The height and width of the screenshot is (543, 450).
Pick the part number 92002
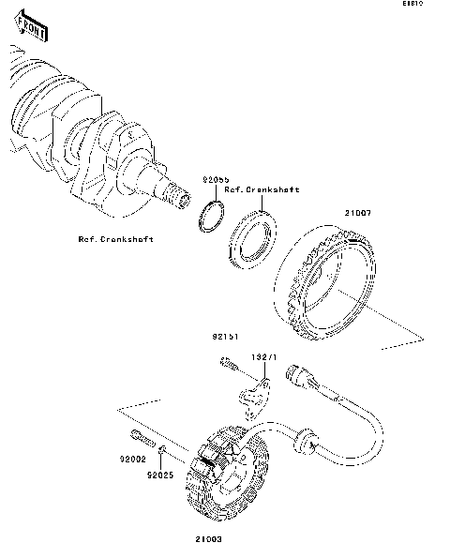pos(132,460)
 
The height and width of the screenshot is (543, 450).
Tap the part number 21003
pos(211,538)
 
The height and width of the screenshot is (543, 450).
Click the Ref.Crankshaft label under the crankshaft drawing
pos(116,238)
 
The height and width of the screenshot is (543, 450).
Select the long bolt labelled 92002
pos(141,436)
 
